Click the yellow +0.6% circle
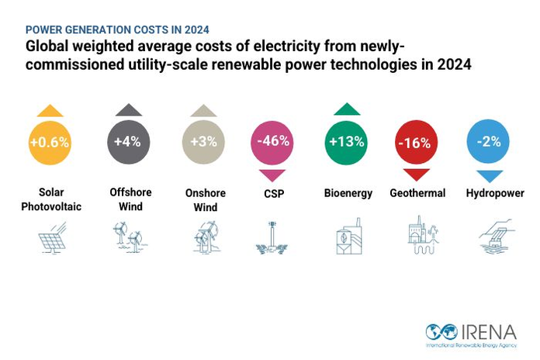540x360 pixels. coord(50,142)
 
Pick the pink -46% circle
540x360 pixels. coord(274,142)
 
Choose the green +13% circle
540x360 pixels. coord(347,142)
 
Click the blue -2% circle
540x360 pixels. coord(490,142)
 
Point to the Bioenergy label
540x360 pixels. coord(347,193)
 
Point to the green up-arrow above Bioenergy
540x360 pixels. coord(347,109)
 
